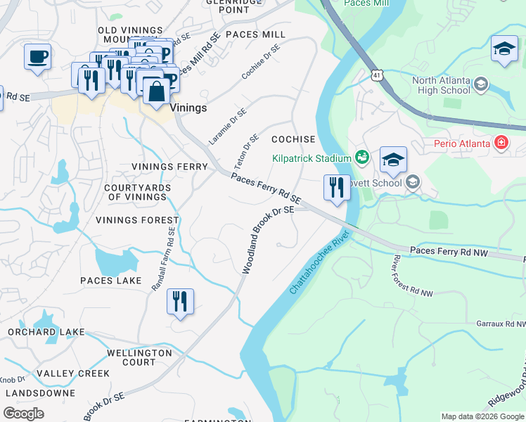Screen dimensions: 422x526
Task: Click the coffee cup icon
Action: pyautogui.click(x=37, y=56)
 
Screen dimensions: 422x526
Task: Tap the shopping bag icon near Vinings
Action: pyautogui.click(x=155, y=91)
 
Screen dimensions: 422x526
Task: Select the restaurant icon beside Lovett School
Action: pyautogui.click(x=337, y=188)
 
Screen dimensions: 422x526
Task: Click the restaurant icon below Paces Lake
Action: pyautogui.click(x=180, y=302)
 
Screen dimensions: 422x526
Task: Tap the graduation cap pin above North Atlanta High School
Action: pyautogui.click(x=504, y=49)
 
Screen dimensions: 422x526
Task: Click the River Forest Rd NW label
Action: pyautogui.click(x=411, y=276)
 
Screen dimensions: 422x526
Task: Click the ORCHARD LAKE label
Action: pyautogui.click(x=46, y=332)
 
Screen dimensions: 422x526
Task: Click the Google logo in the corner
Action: pyautogui.click(x=24, y=413)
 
